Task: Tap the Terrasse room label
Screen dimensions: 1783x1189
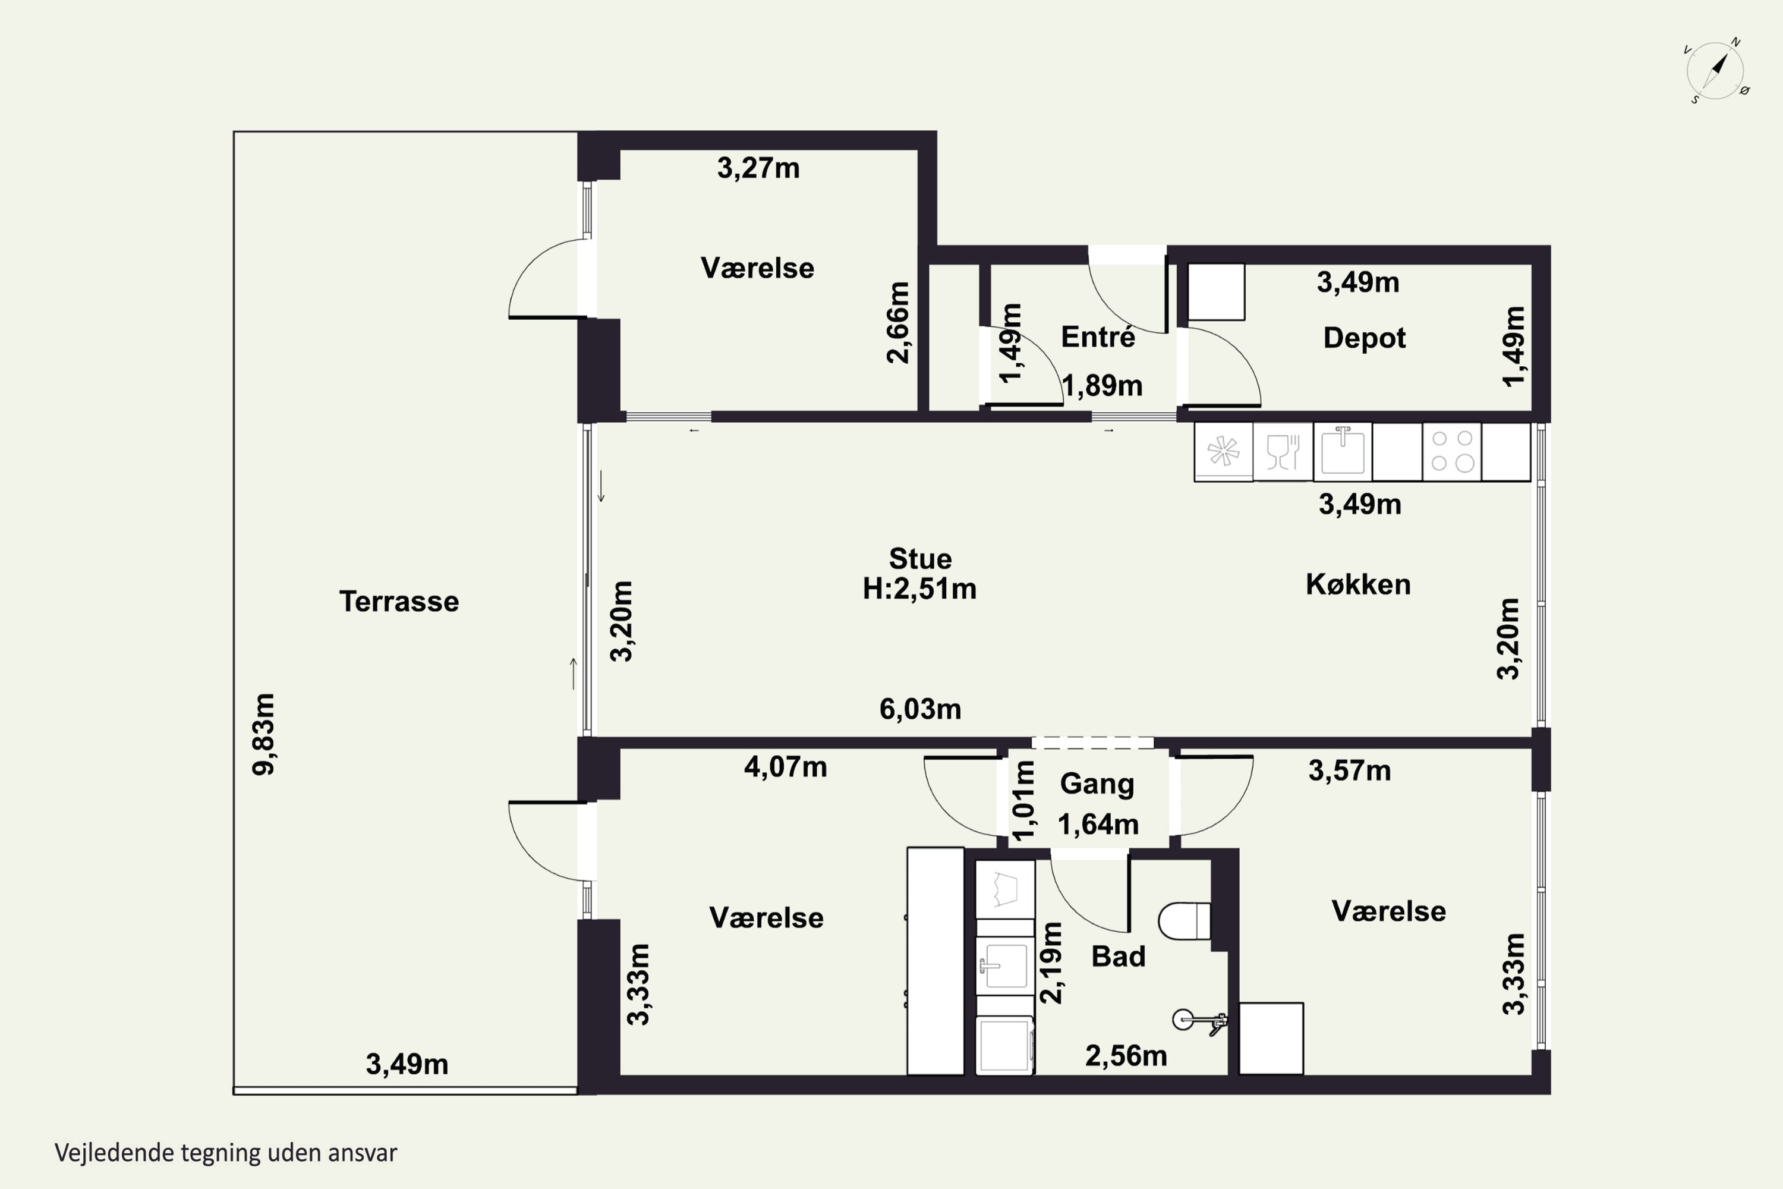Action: pos(399,601)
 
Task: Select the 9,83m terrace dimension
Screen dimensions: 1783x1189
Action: pos(264,734)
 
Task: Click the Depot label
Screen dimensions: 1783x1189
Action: pos(1364,338)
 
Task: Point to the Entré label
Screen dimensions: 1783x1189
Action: pos(1098,336)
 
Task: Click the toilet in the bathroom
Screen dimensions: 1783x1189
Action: pos(1184,920)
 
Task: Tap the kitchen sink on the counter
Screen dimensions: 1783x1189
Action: pos(1343,451)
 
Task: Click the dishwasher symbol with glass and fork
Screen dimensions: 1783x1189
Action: pos(1283,451)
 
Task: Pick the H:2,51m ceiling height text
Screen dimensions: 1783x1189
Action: pos(919,589)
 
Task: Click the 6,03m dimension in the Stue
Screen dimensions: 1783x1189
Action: pos(919,709)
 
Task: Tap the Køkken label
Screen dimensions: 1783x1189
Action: pos(1357,584)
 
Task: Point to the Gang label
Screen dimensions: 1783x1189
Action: pos(1097,784)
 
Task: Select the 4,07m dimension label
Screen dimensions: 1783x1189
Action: pos(785,767)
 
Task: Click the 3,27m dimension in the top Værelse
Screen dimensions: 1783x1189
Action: pos(758,168)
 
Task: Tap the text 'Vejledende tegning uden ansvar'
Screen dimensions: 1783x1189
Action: pos(226,1153)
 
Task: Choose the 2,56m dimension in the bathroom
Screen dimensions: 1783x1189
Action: pos(1126,1056)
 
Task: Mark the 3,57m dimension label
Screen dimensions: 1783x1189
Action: pos(1349,771)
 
